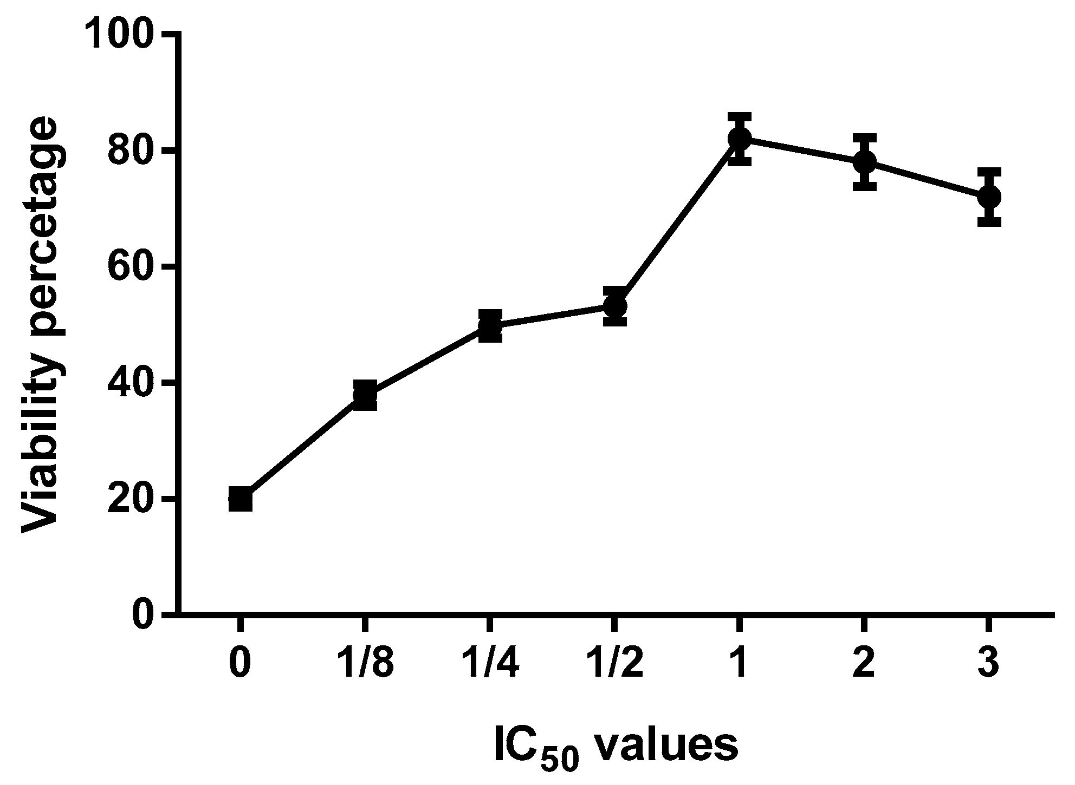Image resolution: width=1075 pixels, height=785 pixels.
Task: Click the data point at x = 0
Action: coord(240,499)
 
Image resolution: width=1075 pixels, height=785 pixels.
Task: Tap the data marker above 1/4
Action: coord(490,326)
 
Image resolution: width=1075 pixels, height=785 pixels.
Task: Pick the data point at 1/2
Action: coord(615,306)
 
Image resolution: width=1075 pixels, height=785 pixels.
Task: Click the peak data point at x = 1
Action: coord(740,139)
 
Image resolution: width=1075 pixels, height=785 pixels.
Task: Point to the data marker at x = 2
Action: coord(864,161)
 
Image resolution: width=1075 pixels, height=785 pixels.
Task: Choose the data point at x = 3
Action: coord(989,197)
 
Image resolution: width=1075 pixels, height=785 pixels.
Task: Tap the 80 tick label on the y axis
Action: coord(130,152)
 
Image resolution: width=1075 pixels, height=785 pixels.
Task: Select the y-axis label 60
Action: coord(130,267)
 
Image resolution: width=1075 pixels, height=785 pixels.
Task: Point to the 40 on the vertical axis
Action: coord(130,383)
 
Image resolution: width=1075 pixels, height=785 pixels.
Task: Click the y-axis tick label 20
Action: coord(130,499)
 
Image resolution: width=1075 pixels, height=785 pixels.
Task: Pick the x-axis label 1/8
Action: coord(365,663)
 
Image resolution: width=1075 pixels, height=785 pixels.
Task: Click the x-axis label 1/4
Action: coord(490,663)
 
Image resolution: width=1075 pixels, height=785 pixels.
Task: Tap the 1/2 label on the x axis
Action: coord(615,663)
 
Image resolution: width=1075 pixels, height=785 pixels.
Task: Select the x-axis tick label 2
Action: coord(864,663)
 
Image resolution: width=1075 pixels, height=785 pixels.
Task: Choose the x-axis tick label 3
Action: coord(989,663)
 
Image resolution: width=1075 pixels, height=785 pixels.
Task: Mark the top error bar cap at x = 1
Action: coord(740,115)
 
